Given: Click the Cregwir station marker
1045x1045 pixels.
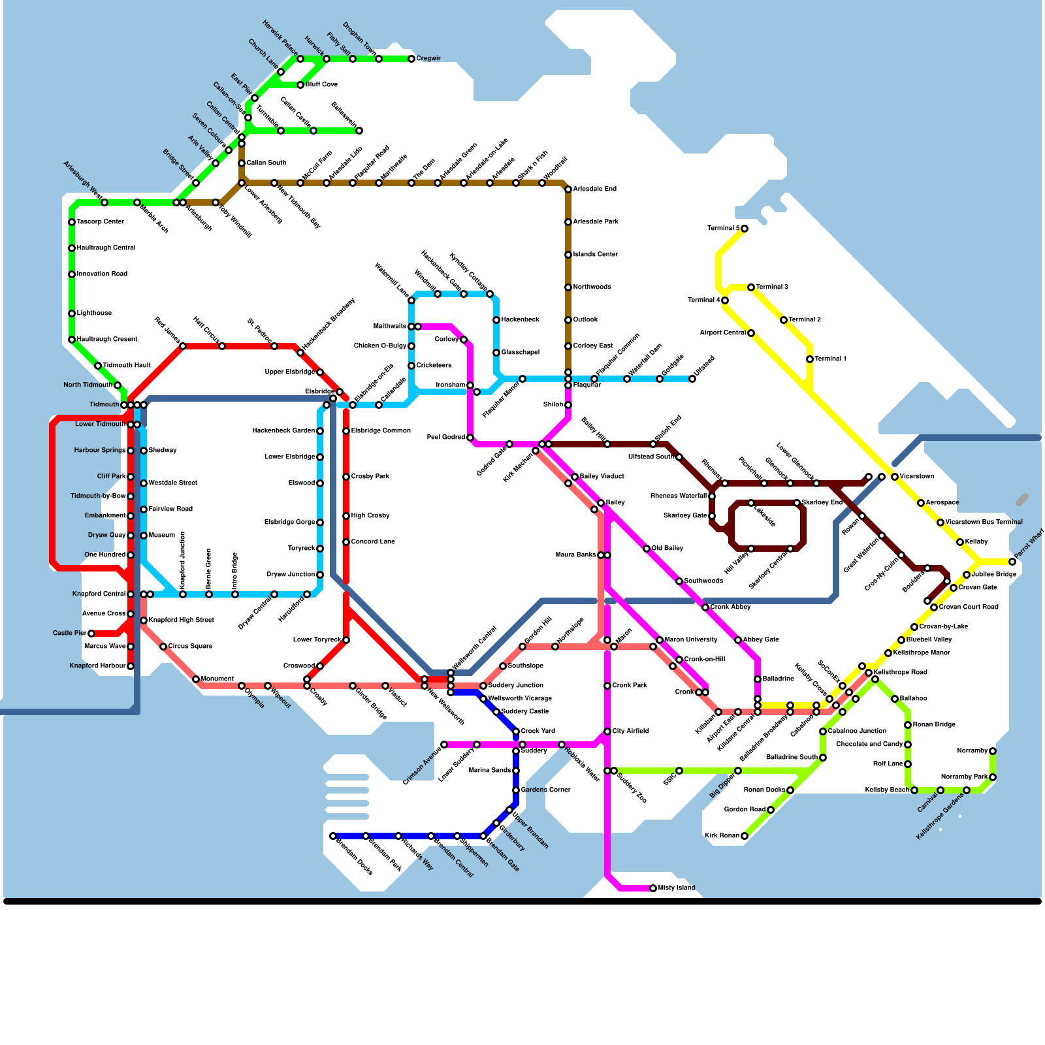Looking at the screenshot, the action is pos(411,59).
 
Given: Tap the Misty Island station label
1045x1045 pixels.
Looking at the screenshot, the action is pos(677,888).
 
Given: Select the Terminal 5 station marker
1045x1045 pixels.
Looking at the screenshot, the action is pos(745,229).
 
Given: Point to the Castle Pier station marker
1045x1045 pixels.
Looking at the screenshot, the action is pos(91,634).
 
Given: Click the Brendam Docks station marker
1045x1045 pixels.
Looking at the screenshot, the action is pos(333,836).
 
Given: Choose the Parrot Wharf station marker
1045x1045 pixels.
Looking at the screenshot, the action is pos(1012,562).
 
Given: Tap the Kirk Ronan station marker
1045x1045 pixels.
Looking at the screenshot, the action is pos(745,836).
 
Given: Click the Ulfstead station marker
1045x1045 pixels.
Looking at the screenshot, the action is pos(692,379).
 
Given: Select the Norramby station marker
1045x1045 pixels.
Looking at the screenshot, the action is pos(993,751).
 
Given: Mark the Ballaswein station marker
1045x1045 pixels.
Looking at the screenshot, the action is pos(359,131).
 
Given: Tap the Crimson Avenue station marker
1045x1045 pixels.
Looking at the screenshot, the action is pos(444,745).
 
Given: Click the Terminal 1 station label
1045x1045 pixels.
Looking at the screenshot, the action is pos(830,359).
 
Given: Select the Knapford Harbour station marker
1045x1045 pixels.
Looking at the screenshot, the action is pos(131,666).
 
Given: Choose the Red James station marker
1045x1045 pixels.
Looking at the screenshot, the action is pos(183,346).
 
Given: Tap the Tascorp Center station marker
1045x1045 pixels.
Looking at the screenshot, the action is pos(72,222).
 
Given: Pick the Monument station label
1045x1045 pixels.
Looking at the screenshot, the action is pos(217,679).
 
